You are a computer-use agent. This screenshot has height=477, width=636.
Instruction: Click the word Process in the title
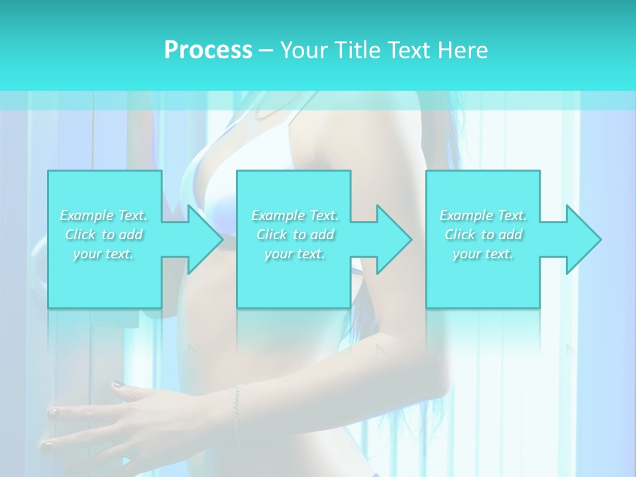[208, 50]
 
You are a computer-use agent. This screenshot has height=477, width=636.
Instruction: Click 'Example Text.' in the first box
[103, 215]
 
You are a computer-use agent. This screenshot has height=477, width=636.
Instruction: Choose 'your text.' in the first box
[103, 254]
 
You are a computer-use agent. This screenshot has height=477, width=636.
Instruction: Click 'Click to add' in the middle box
[295, 235]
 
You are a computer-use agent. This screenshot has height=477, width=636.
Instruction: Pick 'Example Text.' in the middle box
[295, 215]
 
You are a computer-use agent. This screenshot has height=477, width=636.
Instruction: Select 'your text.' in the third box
[483, 254]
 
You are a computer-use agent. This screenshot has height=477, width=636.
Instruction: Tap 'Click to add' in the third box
[483, 235]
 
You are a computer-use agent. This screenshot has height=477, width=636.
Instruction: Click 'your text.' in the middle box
[295, 254]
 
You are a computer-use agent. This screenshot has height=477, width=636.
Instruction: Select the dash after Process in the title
[266, 50]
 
